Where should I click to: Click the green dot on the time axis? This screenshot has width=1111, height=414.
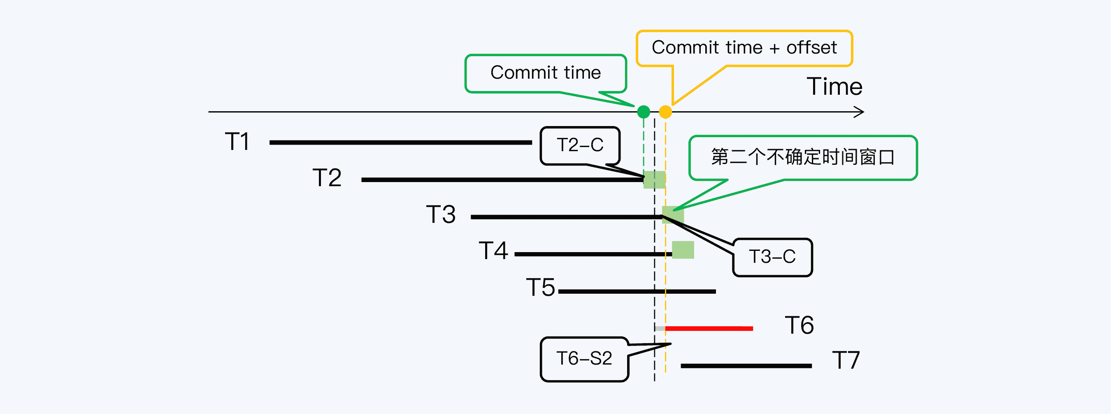pos(644,112)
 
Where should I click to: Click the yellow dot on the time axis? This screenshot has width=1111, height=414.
pos(665,112)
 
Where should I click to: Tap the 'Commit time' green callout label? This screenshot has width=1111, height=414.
pos(546,73)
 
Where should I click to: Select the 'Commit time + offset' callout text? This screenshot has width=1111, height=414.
pos(744,47)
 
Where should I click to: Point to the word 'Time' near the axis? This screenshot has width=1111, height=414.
pos(834,87)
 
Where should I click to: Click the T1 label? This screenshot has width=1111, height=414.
pos(237,142)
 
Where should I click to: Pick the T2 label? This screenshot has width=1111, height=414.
pos(327,178)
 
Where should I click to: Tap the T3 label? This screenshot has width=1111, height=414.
pos(441,215)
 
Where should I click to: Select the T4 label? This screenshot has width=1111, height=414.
pos(493,251)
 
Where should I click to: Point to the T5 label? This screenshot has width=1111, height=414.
pos(540,288)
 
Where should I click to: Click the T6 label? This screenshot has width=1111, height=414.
pos(799,325)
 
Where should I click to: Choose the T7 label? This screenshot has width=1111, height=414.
pos(846,360)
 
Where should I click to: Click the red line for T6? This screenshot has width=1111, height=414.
pos(709,329)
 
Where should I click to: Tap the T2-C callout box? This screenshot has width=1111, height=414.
pos(580,145)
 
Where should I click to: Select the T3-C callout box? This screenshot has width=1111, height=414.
pos(772,257)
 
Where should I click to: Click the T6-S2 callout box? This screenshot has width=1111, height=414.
pos(584,359)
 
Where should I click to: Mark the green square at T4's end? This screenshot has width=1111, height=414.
pos(683,250)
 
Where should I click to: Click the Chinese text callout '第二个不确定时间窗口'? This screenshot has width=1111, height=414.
pos(803,157)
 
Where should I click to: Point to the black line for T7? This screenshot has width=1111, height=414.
pos(746,366)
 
